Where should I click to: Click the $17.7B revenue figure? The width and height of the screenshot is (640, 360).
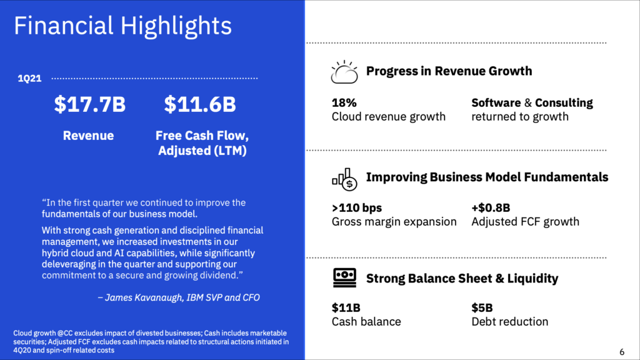coord(90,104)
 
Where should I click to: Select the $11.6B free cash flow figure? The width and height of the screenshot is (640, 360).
coord(200,104)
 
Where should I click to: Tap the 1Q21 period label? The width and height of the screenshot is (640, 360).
coord(29,78)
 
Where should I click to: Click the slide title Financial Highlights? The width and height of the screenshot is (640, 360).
coord(123,26)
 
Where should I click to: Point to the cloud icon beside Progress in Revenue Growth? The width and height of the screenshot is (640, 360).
coord(344,72)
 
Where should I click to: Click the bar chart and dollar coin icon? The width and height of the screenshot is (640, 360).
coord(344,179)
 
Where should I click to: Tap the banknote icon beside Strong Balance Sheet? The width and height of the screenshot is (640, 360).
coord(344,278)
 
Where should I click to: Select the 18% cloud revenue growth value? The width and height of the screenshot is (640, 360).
coord(344,103)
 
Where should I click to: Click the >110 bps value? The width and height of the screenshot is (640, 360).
coord(357,208)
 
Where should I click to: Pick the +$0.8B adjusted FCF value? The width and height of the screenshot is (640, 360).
coord(491,208)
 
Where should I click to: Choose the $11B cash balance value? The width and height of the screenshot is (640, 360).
coord(346,307)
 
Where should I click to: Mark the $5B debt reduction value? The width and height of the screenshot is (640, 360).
coord(482,307)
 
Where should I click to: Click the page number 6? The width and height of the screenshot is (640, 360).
coord(622,352)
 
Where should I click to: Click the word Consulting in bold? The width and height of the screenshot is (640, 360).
coord(564,103)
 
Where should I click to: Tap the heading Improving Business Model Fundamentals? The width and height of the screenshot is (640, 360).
coord(487,177)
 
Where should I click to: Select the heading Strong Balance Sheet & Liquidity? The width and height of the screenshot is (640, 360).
coord(462,278)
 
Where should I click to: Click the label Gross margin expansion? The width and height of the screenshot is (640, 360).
coord(394,222)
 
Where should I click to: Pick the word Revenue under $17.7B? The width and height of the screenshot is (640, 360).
coord(88,136)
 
